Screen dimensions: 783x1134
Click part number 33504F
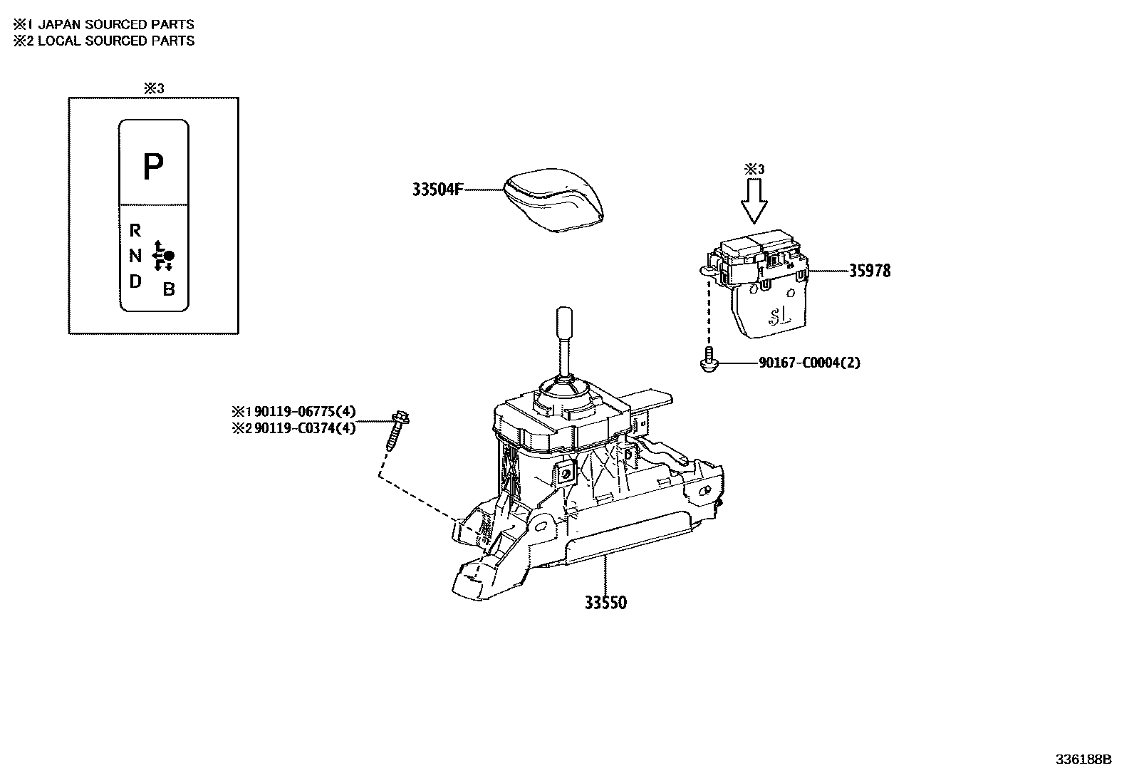pyautogui.click(x=437, y=190)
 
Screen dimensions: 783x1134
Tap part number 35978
pyautogui.click(x=869, y=271)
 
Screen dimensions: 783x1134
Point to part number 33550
pyautogui.click(x=605, y=603)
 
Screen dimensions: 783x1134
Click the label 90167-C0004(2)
pyautogui.click(x=809, y=363)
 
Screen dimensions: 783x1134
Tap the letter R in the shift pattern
pyautogui.click(x=135, y=230)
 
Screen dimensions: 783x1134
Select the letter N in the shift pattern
pyautogui.click(x=135, y=256)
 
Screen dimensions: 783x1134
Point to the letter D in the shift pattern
pyautogui.click(x=135, y=281)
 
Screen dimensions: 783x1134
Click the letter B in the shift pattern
pyautogui.click(x=169, y=289)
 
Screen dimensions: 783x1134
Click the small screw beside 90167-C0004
pyautogui.click(x=707, y=361)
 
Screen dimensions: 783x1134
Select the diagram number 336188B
pyautogui.click(x=1083, y=759)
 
